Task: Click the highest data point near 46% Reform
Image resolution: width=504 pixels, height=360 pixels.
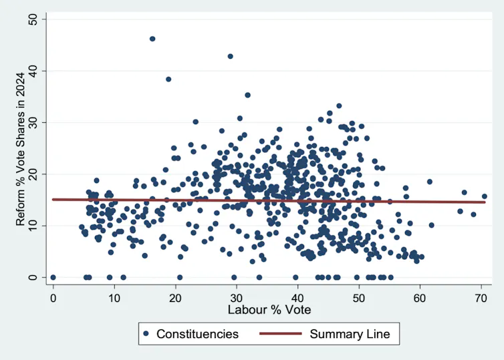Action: [x=152, y=39]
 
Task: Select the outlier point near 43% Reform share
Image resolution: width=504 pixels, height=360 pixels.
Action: [x=230, y=57]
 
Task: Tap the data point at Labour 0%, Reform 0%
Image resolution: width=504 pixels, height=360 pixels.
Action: [x=53, y=277]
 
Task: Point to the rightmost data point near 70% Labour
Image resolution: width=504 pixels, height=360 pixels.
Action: [x=485, y=196]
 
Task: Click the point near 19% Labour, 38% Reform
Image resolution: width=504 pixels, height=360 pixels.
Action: [x=168, y=79]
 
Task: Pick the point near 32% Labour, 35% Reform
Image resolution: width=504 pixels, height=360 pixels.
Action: [x=247, y=96]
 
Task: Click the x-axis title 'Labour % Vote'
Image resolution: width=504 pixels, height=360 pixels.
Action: [x=269, y=310]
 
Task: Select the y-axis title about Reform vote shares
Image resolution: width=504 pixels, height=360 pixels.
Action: [x=21, y=148]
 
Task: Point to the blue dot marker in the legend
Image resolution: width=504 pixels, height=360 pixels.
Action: [x=145, y=333]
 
